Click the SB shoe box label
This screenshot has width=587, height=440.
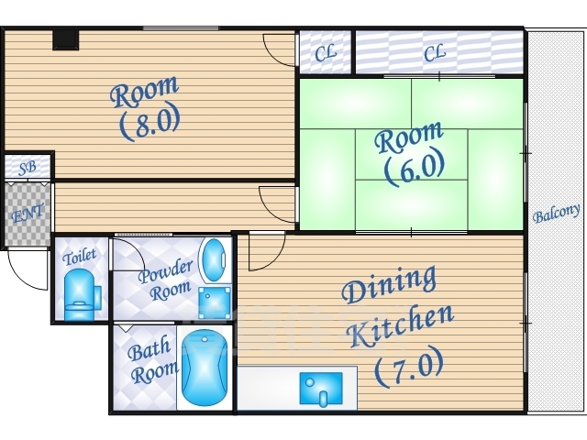point(28,168)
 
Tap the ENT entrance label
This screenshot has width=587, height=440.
point(28,214)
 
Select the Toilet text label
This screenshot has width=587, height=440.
point(80,257)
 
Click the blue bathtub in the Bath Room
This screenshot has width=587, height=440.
point(205,368)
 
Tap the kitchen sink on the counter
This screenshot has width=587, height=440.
point(321,389)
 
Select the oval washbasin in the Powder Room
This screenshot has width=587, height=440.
point(214,260)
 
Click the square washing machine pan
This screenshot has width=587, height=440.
point(214,303)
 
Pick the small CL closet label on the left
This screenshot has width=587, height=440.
point(326,53)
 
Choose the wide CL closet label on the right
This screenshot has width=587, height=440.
point(435,52)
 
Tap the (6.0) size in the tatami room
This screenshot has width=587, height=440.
point(415,168)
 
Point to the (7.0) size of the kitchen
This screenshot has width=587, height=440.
point(410,368)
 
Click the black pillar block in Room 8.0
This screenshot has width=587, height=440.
point(65,39)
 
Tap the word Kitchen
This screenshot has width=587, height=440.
point(401,326)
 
